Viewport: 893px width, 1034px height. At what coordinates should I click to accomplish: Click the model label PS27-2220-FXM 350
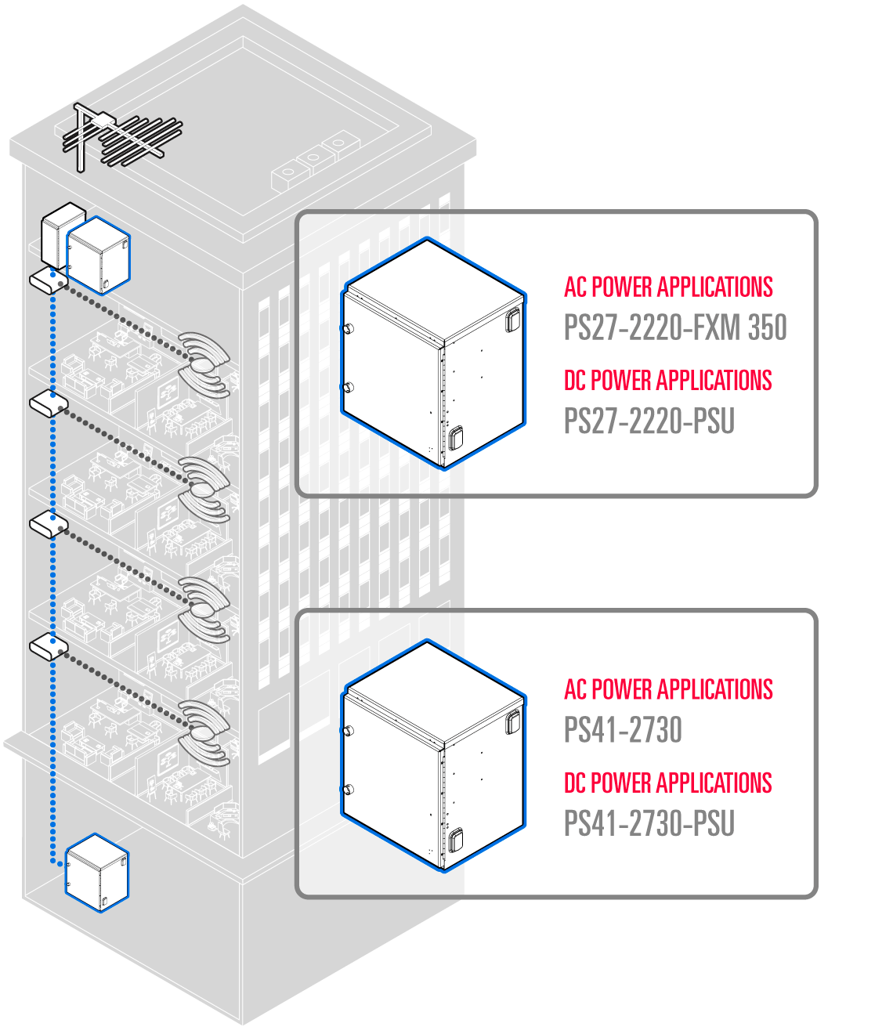[x=674, y=328]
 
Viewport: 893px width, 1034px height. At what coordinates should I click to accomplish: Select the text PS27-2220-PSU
[x=649, y=421]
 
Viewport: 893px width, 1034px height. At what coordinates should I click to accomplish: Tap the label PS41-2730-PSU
[x=649, y=824]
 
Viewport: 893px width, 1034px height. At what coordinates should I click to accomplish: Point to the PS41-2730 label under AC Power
[x=623, y=730]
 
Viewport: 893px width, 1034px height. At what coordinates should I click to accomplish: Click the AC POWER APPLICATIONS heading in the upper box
[x=668, y=287]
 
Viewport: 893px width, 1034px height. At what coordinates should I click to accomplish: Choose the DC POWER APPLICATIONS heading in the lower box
[x=667, y=783]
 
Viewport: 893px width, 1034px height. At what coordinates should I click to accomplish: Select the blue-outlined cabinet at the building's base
[x=96, y=873]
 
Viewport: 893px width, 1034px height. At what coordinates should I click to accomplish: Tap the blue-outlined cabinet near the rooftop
[x=99, y=255]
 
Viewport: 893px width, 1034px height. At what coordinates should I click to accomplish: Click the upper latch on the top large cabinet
[x=512, y=319]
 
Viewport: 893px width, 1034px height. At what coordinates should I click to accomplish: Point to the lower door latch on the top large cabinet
[x=455, y=438]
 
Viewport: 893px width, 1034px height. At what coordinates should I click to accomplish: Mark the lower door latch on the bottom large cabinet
[x=455, y=840]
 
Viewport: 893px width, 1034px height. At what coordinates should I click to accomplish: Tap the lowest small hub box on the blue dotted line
[x=49, y=649]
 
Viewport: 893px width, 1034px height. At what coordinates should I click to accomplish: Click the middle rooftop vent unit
[x=312, y=159]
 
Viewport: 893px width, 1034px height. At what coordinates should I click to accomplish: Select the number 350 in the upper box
[x=767, y=328]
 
